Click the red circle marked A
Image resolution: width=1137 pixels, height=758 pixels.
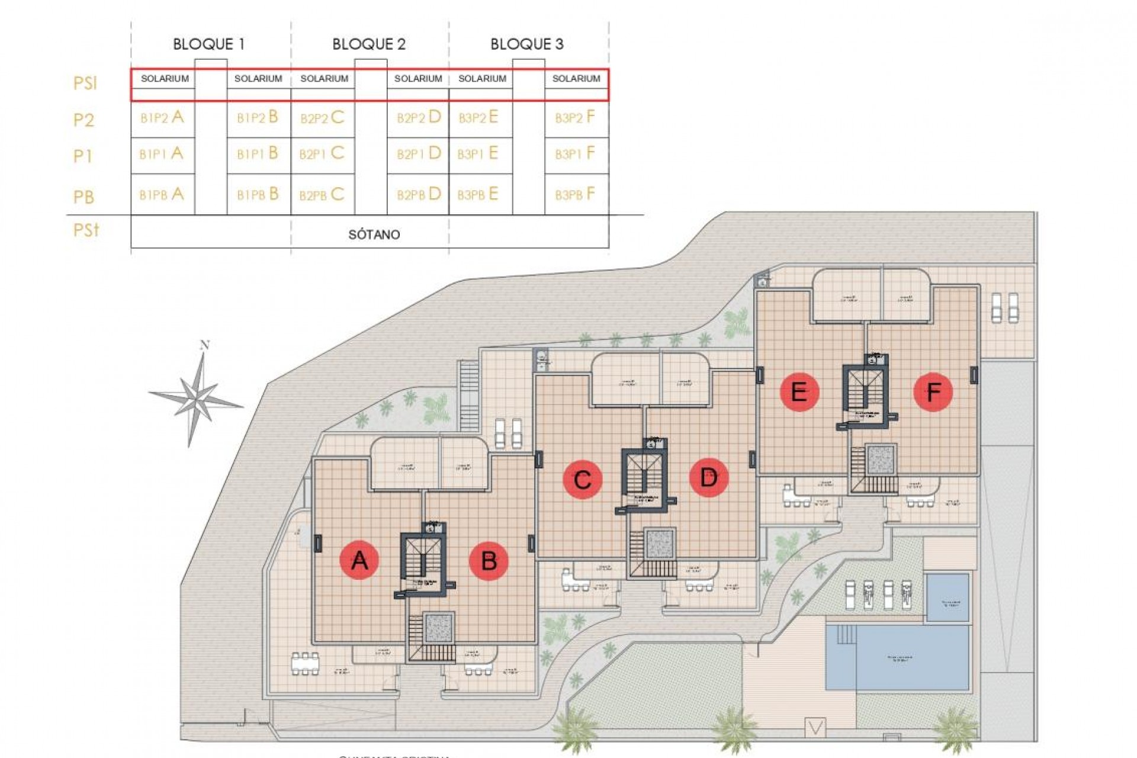coord(359,560)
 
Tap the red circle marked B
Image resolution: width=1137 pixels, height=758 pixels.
coord(489,560)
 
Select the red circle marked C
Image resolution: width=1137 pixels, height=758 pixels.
coord(583,479)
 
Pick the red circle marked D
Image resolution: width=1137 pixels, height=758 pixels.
coord(709,477)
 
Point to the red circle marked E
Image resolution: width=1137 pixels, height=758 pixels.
coord(799,391)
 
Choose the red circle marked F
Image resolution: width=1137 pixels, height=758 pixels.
coord(933,391)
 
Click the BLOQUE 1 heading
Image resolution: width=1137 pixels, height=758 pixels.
coord(208,44)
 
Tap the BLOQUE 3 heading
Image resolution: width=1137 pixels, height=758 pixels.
coord(526,44)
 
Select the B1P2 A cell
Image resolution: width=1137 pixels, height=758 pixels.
coord(162,117)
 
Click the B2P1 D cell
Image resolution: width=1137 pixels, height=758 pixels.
coord(419,153)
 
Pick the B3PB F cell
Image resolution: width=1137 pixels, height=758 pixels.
coord(575,194)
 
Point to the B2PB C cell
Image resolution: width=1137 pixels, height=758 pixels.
coord(322,194)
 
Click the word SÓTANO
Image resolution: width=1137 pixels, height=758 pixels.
coord(374,235)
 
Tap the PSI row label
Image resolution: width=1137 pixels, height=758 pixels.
coord(85,83)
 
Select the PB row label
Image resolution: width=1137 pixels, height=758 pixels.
coord(83,197)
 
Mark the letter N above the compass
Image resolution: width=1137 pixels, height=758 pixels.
coord(205,345)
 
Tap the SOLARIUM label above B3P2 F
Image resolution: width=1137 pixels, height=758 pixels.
coord(576,78)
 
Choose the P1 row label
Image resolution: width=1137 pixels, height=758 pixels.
coord(83,156)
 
